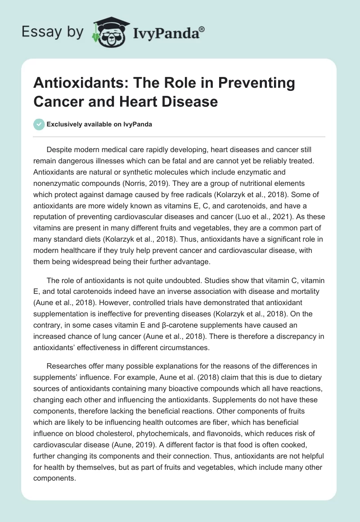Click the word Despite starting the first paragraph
(60, 149)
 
